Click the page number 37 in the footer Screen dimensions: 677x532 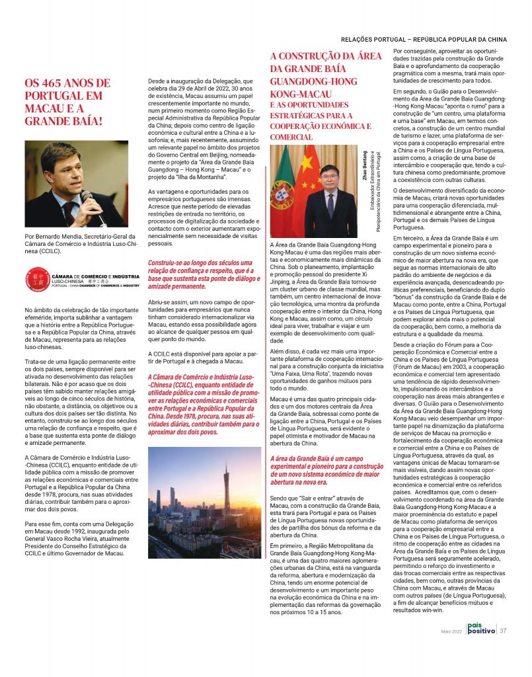pos(504,630)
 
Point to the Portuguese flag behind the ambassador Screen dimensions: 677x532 pos(283,192)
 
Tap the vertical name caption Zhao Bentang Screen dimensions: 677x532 pos(365,165)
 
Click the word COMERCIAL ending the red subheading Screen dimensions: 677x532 pos(292,137)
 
